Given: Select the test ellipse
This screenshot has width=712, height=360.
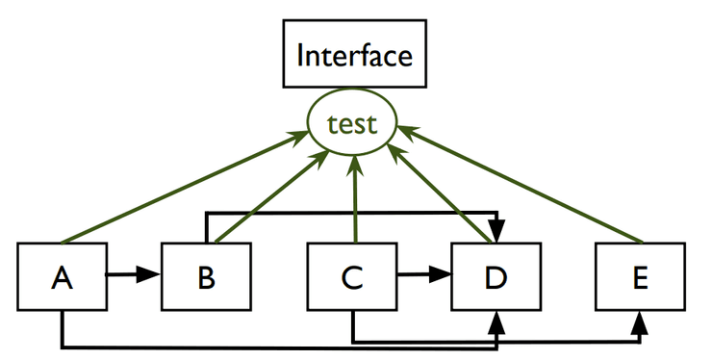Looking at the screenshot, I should [x=351, y=124].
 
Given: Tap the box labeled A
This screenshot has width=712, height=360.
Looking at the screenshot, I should [x=63, y=277].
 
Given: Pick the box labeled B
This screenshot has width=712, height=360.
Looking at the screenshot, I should [x=206, y=277].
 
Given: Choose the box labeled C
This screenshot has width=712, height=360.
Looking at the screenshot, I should [x=351, y=277].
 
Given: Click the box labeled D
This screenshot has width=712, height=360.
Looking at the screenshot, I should [x=496, y=277].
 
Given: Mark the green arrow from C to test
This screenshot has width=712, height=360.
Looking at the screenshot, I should [x=354, y=202].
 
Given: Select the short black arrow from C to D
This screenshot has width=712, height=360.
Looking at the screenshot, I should [x=423, y=276].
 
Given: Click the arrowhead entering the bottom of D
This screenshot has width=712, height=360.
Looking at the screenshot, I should [x=496, y=321].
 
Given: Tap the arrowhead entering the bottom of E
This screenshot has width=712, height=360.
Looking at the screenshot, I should [x=640, y=321].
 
